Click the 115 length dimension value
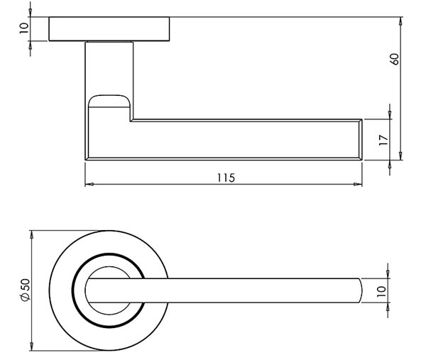pyautogui.click(x=226, y=178)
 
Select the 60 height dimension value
pyautogui.click(x=395, y=58)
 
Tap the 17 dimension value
pyautogui.click(x=384, y=141)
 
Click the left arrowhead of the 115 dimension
pyautogui.click(x=89, y=185)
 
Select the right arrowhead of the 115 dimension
pyautogui.click(x=359, y=185)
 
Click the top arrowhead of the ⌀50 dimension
pyautogui.click(x=32, y=235)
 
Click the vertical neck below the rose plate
pyautogui.click(x=109, y=67)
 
